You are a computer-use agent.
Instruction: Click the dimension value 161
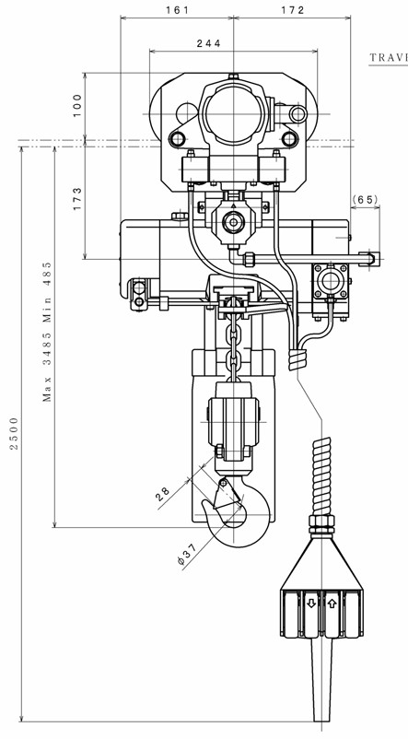pos(177,10)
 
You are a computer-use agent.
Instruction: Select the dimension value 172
pos(293,10)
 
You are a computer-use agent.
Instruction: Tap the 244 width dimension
pos(209,43)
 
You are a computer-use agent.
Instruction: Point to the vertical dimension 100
pos(77,105)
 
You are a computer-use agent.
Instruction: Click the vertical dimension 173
pos(77,199)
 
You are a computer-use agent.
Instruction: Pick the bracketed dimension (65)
pos(365,199)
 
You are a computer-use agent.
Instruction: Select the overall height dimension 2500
pos(14,433)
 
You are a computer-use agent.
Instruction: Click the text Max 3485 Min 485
pos(47,332)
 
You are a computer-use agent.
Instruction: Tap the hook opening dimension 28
pos(163,494)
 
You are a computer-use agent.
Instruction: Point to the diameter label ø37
pos(187,556)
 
